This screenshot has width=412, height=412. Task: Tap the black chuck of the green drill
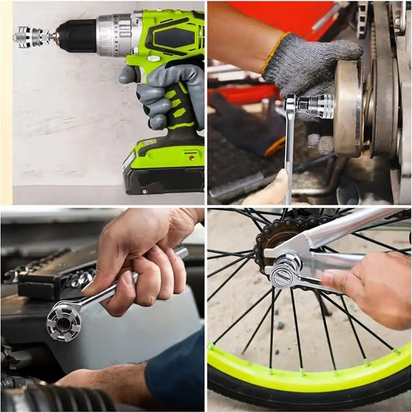(76, 35)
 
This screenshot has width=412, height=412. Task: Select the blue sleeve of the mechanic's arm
(175, 374)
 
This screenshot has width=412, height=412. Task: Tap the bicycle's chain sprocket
(275, 233)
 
